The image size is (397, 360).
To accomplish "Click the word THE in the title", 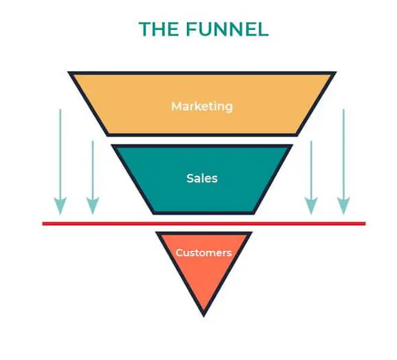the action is click(x=159, y=29).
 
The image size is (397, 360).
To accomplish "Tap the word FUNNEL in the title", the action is click(x=227, y=29).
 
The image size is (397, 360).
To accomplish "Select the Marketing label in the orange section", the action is click(x=202, y=106).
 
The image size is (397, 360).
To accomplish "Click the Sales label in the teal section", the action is click(x=202, y=178).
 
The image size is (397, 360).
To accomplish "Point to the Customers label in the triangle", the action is click(x=204, y=252).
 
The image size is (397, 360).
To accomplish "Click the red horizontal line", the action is click(x=204, y=224).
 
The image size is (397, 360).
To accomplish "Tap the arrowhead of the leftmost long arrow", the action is click(x=60, y=205).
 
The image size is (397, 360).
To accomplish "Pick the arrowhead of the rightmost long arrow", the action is click(x=344, y=205).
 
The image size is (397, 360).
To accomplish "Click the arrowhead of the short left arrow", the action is click(x=93, y=205).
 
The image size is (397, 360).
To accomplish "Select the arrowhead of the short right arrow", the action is click(x=311, y=205).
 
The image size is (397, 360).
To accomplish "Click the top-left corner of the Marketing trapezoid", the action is click(x=68, y=72).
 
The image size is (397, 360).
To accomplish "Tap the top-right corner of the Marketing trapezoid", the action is click(x=336, y=72).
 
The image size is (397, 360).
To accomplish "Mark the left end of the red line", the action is click(x=43, y=224).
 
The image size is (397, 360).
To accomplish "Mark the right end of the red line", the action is click(x=366, y=224).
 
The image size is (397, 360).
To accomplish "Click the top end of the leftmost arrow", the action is click(x=60, y=110).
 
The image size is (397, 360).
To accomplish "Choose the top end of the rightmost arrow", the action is click(x=344, y=110).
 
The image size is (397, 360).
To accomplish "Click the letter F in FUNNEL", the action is click(x=192, y=29).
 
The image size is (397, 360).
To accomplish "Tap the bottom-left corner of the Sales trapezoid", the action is click(x=153, y=214).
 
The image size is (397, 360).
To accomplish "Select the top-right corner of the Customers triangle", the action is click(x=252, y=232).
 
